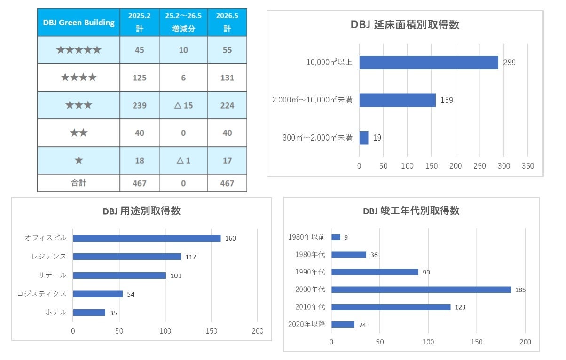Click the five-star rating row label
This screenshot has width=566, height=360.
(x=79, y=50)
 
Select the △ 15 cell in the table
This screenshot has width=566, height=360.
(x=183, y=105)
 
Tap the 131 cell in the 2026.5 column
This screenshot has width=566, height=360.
(x=227, y=78)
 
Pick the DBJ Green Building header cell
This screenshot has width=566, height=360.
(x=79, y=23)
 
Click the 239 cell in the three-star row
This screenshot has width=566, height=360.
(x=140, y=105)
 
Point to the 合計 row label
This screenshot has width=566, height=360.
(x=79, y=183)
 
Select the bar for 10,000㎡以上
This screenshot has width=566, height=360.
(x=429, y=63)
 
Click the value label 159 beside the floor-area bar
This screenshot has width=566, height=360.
(x=447, y=100)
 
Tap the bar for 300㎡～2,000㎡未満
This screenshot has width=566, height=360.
(x=364, y=138)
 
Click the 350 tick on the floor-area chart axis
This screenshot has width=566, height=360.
(x=528, y=166)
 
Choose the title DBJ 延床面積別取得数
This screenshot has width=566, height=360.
(x=405, y=25)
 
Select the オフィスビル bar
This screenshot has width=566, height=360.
(x=147, y=238)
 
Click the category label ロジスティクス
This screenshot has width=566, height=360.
(x=42, y=294)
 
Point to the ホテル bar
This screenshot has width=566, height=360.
(x=89, y=313)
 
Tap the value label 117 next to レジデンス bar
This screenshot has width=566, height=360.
(x=191, y=257)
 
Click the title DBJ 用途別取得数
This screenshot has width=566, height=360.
(x=141, y=211)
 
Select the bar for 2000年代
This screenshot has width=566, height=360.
(x=421, y=290)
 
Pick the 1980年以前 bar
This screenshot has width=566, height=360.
(x=336, y=237)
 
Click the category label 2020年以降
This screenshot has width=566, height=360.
(x=307, y=324)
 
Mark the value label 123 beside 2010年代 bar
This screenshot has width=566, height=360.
(x=460, y=307)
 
